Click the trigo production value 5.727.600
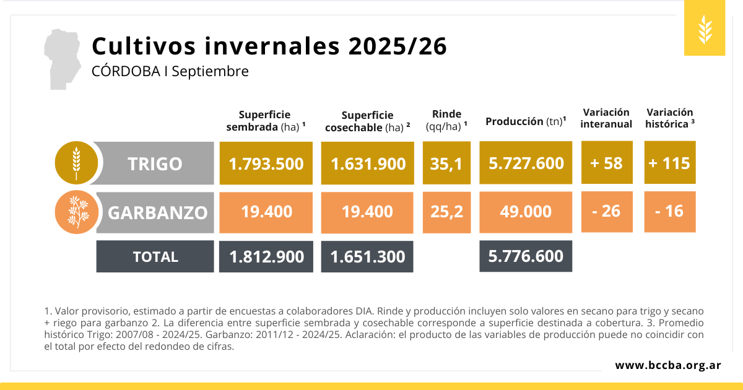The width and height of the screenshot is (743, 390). click(x=526, y=163)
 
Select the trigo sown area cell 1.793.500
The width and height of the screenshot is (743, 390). click(x=266, y=163)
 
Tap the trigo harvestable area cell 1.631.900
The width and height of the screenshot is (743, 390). click(x=368, y=163)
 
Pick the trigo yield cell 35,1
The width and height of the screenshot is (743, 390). click(x=446, y=163)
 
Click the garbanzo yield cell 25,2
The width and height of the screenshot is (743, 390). click(x=446, y=212)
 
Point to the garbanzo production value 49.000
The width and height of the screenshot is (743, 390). click(x=526, y=212)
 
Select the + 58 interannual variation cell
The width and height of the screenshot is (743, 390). click(x=607, y=163)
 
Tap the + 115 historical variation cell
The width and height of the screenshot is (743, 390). click(x=669, y=163)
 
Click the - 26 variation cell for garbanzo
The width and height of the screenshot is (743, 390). click(x=607, y=211)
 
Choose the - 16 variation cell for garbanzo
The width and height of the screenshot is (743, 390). click(x=669, y=211)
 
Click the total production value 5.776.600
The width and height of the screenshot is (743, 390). click(x=526, y=256)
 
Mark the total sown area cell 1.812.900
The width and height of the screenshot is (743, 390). click(x=266, y=256)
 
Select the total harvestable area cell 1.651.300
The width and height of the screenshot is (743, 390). click(x=367, y=256)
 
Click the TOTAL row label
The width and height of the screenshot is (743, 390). click(x=155, y=256)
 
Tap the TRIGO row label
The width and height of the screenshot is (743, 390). click(x=155, y=163)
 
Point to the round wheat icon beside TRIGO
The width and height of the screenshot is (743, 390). click(x=76, y=163)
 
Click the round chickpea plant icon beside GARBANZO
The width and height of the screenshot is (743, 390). click(x=76, y=212)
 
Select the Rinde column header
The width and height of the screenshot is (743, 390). click(x=446, y=119)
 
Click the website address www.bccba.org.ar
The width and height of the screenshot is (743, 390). click(x=667, y=365)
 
